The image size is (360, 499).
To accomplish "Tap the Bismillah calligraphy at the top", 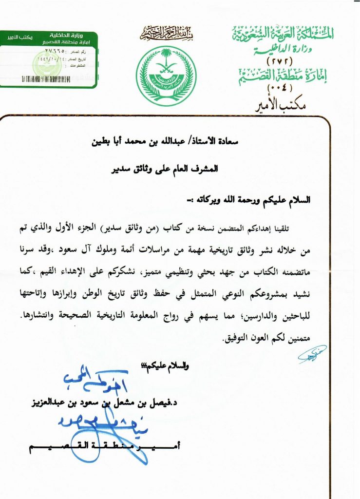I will coord(166,34).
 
